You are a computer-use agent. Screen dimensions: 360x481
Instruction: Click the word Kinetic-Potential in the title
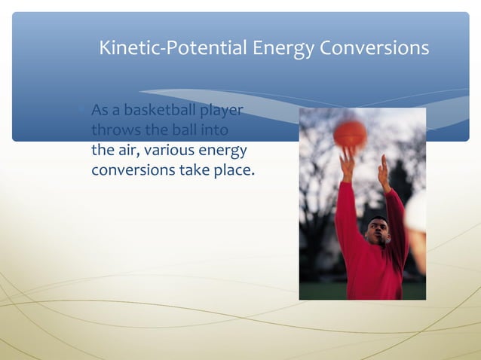coord(173,48)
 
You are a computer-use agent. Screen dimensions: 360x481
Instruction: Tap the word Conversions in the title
coord(374,48)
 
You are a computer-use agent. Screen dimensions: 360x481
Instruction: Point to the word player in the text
coord(221,111)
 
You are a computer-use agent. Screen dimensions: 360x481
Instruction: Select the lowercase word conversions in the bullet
coord(133,169)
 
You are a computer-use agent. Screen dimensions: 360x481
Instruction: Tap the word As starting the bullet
coord(100,111)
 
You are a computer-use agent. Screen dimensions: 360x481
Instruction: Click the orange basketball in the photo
coord(350,133)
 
